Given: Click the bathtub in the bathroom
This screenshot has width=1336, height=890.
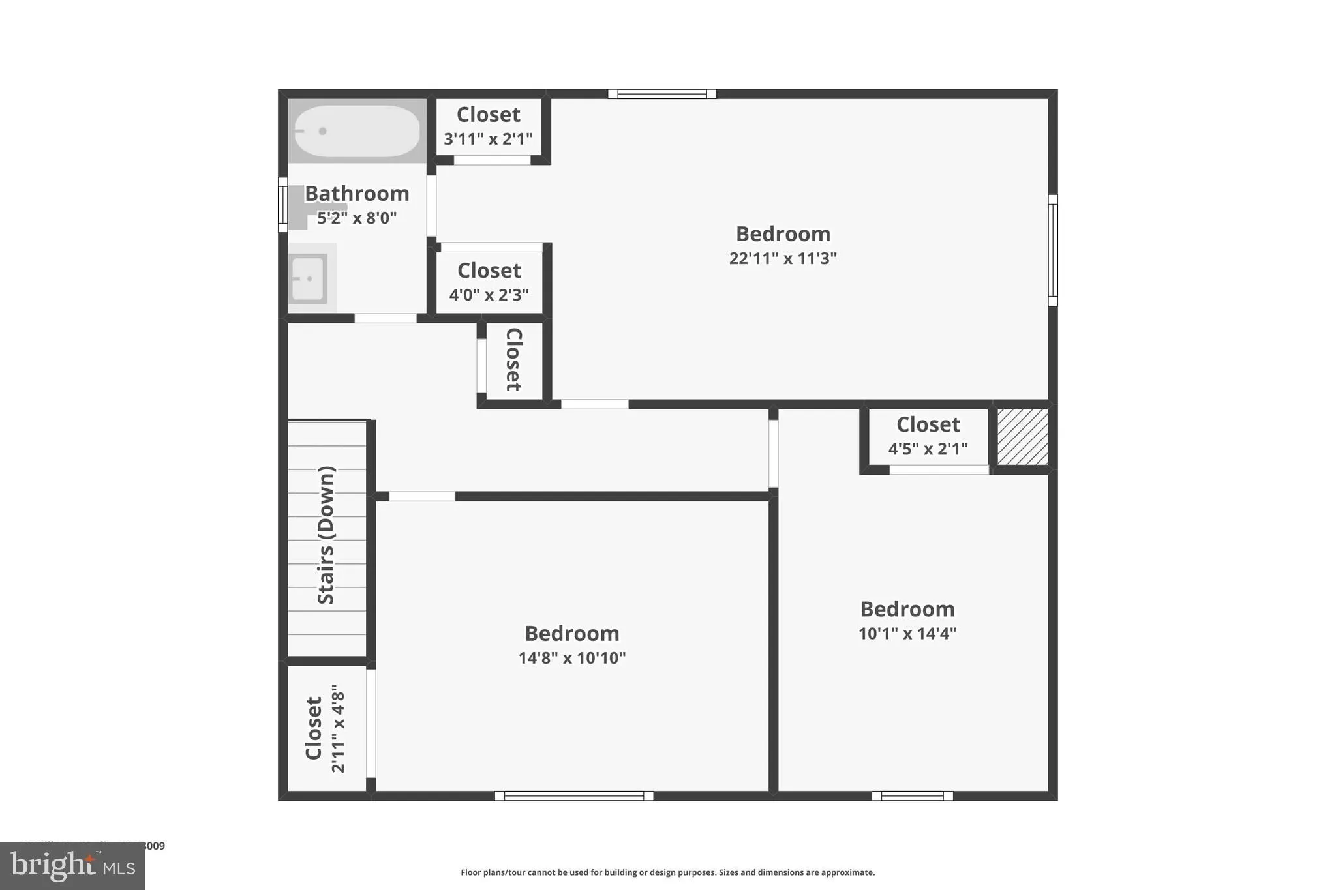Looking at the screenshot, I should (356, 131).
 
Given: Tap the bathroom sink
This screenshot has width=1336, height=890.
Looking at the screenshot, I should (308, 279).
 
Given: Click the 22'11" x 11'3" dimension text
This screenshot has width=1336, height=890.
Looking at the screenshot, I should (782, 258).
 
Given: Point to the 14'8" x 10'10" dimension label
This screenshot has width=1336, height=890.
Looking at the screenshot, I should (571, 658).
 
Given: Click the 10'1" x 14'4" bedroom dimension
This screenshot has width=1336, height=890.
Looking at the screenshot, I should (907, 633).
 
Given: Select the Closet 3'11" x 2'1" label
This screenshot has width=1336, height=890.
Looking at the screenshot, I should (488, 126).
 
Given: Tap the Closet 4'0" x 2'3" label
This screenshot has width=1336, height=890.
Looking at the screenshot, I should (489, 282).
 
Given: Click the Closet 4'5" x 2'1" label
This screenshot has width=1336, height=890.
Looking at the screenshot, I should (928, 436).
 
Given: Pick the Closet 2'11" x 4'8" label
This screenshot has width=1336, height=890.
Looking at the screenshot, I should (325, 728).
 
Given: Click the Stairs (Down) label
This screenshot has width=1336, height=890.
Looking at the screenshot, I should (326, 535).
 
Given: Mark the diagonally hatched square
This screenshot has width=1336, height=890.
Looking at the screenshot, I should (1022, 437).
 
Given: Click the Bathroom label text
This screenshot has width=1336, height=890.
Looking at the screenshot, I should (357, 194).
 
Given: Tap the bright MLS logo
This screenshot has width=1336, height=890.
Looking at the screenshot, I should (72, 866).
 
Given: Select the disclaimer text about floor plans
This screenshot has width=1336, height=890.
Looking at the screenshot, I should (667, 872).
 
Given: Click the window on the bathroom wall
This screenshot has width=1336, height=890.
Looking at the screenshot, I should (282, 205).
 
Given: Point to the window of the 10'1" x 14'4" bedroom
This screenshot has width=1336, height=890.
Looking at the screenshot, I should (912, 795).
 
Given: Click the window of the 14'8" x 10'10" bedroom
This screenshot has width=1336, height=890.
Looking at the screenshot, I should (573, 795).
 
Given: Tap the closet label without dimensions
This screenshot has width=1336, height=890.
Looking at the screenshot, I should (513, 359).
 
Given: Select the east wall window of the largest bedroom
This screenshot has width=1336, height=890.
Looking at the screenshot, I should (1052, 250).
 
